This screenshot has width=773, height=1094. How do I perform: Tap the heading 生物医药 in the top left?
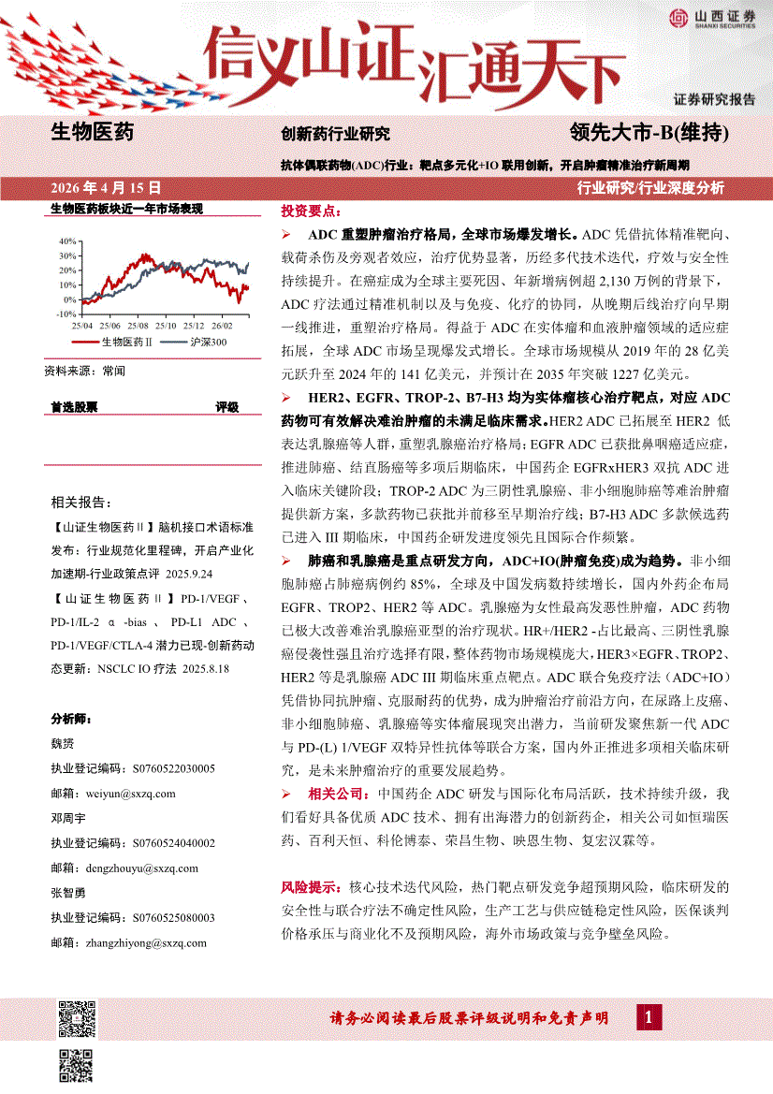point(91,132)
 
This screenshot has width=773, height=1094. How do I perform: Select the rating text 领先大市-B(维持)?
point(649,133)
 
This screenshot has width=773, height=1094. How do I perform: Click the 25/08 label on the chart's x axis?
point(138,326)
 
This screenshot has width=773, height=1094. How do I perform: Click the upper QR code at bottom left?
point(78,1018)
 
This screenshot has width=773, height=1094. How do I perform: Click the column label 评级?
point(227,407)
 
